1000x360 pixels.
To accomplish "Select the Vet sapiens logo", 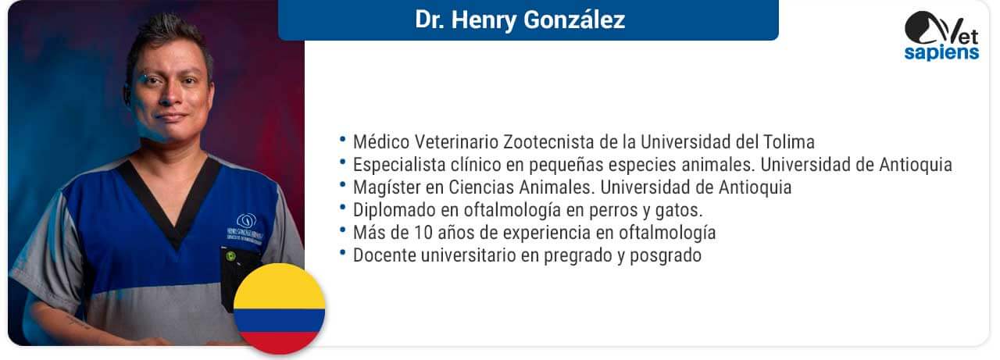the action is [942, 36].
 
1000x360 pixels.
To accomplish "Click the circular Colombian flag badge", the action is [280, 308].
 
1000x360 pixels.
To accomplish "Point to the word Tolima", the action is [789, 142].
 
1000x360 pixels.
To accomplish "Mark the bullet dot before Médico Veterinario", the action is [343, 140].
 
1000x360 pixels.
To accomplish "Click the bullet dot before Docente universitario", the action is [343, 253].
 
